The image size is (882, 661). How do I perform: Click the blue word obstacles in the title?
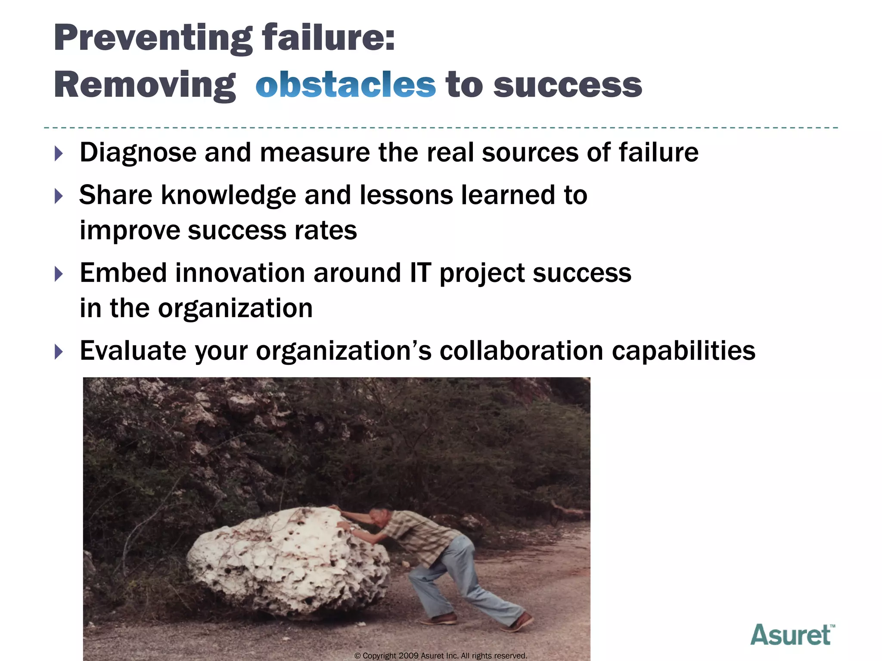tap(345, 84)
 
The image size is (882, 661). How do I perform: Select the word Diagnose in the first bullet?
tap(138, 153)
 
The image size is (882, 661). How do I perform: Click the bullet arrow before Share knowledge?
tap(59, 196)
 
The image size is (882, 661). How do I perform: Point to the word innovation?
tap(240, 273)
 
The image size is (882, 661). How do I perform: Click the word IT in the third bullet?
tap(420, 273)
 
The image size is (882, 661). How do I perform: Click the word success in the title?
tap(568, 84)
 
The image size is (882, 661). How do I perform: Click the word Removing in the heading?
tap(145, 85)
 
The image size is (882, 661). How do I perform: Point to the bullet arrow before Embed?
tap(59, 274)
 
